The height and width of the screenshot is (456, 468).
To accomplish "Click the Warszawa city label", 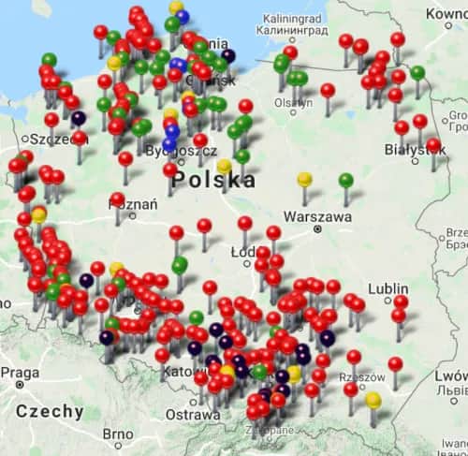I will [x=317, y=216].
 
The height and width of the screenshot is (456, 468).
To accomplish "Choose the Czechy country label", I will [x=50, y=411].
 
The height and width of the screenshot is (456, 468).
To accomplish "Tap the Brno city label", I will [x=118, y=434].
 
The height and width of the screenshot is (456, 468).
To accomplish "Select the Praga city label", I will [x=19, y=373].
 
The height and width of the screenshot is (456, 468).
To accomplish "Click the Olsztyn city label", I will [x=292, y=104].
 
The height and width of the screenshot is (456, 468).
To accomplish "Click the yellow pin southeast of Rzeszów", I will [x=373, y=400].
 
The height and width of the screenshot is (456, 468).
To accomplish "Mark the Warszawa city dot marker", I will [x=318, y=228].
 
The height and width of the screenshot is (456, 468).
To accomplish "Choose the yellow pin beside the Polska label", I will [x=224, y=166].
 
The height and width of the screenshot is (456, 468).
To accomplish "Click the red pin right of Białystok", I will [x=433, y=145].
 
